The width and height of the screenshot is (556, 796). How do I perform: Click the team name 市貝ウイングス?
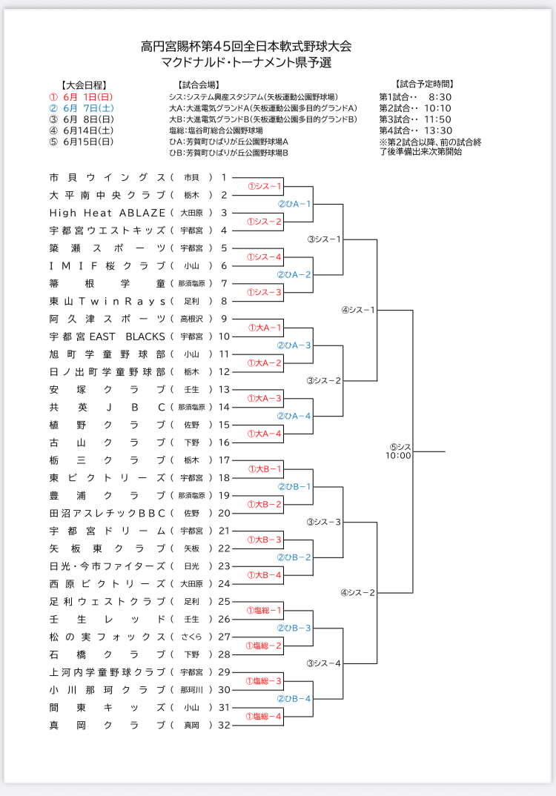point(107,177)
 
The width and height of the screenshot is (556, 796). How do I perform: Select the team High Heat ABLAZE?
point(107,213)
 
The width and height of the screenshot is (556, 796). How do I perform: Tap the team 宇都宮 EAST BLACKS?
point(107,336)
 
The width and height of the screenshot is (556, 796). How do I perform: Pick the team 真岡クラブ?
point(107,725)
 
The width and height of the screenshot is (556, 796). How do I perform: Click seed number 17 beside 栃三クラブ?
point(225,460)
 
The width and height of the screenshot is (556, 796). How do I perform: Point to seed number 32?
point(225,725)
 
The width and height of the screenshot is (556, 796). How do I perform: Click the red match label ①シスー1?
point(265,186)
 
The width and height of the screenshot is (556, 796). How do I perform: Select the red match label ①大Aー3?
point(265,398)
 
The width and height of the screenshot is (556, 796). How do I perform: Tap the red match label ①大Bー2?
point(265,504)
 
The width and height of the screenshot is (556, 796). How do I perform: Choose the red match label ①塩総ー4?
point(265,716)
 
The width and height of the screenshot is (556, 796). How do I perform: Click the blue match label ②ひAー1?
point(294,204)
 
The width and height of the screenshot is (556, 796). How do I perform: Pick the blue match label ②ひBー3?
point(294,628)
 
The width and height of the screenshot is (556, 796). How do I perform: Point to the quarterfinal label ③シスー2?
point(325,380)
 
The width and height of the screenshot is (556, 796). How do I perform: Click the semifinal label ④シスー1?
point(358,310)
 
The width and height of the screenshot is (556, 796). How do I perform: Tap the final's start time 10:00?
point(398,456)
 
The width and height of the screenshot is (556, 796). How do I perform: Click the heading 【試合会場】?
point(199,85)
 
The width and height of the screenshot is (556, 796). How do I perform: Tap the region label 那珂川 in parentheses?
point(191,689)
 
